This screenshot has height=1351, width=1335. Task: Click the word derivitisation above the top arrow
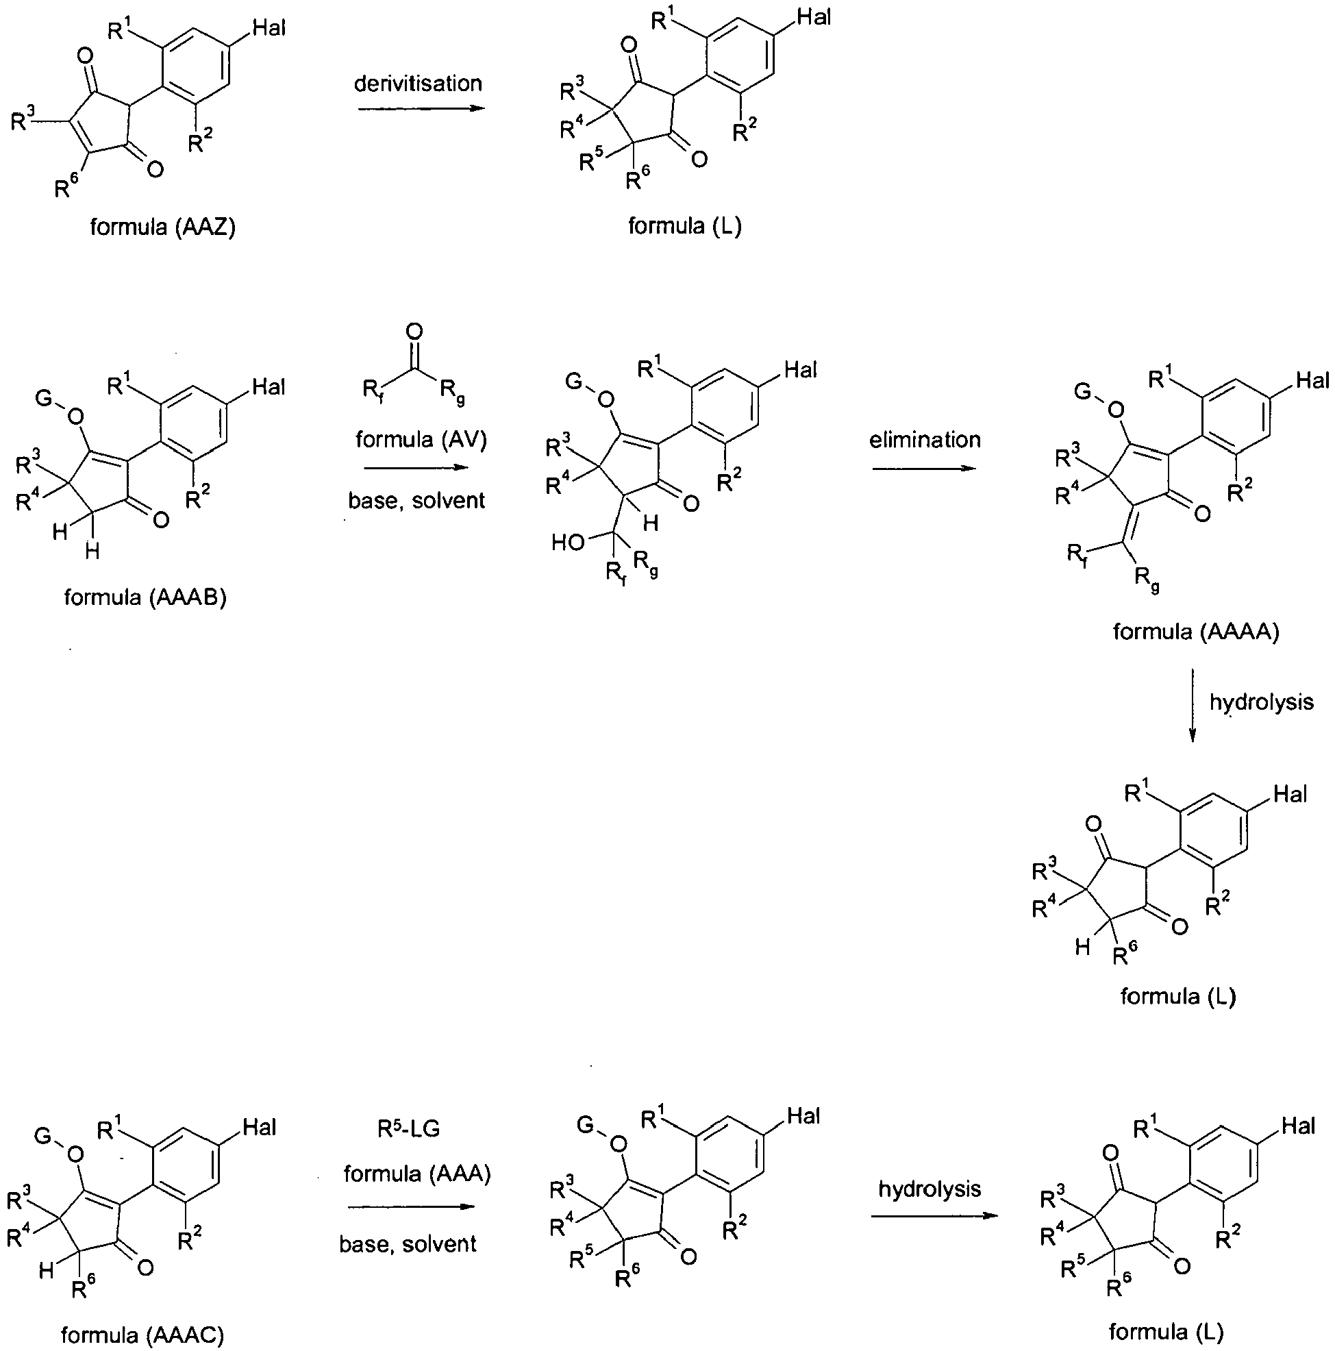click(x=418, y=84)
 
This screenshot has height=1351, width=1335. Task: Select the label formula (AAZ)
click(x=162, y=227)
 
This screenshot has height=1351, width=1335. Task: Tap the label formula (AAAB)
click(x=145, y=597)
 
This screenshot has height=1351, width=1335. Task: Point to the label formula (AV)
click(x=421, y=439)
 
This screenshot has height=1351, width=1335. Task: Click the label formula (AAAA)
click(x=1196, y=632)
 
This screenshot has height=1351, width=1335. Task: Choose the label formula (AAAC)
click(x=142, y=1335)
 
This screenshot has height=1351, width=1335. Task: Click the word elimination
click(x=925, y=439)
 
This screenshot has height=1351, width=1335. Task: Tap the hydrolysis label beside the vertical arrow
click(x=1262, y=702)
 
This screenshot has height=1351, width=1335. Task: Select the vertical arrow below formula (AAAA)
click(x=1193, y=705)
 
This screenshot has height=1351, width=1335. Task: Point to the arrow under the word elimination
click(x=924, y=467)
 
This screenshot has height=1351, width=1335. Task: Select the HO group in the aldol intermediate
click(x=568, y=543)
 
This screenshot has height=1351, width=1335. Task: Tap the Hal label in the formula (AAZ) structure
click(x=269, y=29)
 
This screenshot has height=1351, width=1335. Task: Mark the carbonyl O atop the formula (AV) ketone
click(x=414, y=331)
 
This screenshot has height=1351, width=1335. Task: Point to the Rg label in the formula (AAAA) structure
click(x=1145, y=580)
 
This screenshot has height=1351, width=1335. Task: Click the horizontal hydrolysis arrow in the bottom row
click(x=934, y=1215)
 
